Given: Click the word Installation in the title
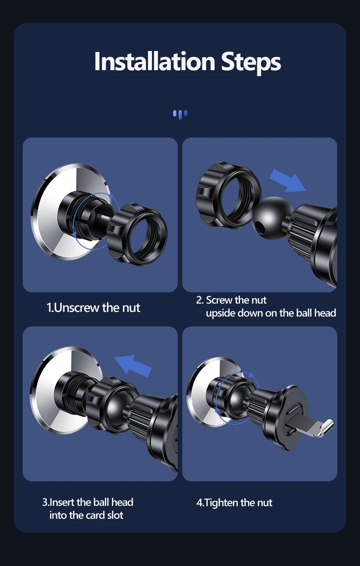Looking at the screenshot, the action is click(155, 62).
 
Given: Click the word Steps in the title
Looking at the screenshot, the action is click(251, 63).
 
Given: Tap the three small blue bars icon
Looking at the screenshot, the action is click(180, 114).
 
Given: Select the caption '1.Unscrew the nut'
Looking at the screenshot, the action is click(93, 308).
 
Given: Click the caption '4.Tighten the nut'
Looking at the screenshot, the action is click(234, 503).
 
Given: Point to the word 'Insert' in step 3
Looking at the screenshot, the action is click(62, 502).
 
